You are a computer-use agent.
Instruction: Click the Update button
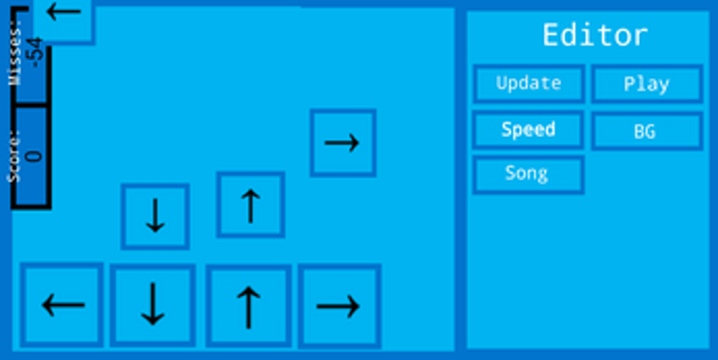[x=529, y=83]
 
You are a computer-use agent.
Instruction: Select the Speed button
[x=529, y=129]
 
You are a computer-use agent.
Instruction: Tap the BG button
[x=647, y=131]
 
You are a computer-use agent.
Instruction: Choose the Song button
[x=529, y=174]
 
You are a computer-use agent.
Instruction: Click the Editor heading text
[x=595, y=35]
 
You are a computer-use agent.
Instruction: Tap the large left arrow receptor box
[x=62, y=305]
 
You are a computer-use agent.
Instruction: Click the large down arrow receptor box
[x=153, y=305]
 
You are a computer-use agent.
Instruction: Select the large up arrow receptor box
[x=249, y=306]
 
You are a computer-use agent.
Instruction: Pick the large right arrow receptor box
[x=339, y=306]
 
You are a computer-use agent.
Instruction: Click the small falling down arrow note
[x=155, y=216]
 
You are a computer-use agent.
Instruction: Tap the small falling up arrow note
[x=250, y=205]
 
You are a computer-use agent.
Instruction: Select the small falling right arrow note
[x=343, y=143]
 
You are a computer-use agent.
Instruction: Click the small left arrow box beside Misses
[x=63, y=21]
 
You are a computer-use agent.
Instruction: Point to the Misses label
[x=15, y=54]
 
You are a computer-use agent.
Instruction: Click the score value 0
[x=34, y=156]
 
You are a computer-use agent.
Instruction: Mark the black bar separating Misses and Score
[x=31, y=105]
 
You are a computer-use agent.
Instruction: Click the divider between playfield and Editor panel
[x=460, y=180]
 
